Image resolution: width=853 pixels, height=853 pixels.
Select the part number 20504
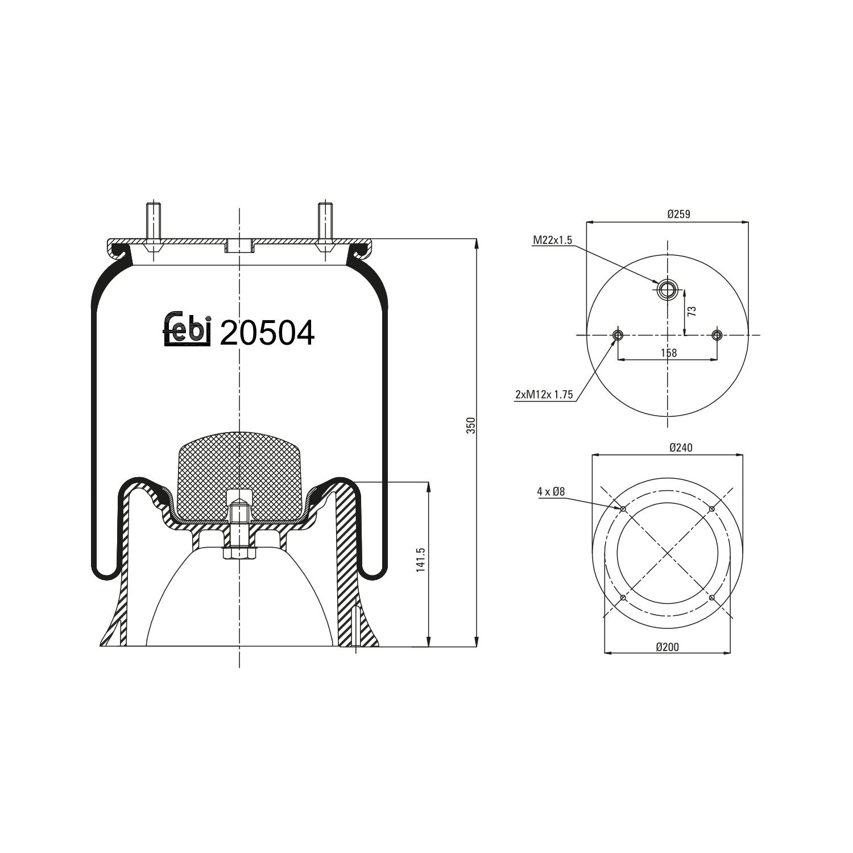click(267, 333)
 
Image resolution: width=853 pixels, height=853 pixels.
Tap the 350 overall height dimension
click(470, 425)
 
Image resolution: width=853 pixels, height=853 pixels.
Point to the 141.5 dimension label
click(421, 560)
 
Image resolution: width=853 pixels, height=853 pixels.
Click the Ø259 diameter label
click(678, 214)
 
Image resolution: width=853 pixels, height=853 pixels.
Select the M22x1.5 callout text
click(552, 241)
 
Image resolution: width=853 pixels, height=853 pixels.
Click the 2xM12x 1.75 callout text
click(544, 395)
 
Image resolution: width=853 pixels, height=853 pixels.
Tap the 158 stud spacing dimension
click(669, 353)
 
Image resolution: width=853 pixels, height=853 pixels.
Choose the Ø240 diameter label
click(681, 448)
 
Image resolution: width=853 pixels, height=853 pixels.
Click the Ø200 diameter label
click(667, 647)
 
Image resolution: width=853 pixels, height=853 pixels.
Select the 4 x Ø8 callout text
click(550, 491)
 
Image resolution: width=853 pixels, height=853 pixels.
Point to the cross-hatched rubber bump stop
click(239, 472)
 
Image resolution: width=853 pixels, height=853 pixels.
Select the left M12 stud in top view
click(618, 335)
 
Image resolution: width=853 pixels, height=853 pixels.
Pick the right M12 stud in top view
click(717, 335)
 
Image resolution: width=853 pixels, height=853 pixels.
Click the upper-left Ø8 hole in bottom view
click(623, 509)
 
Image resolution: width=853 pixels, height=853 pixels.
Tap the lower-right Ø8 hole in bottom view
click(711, 597)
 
